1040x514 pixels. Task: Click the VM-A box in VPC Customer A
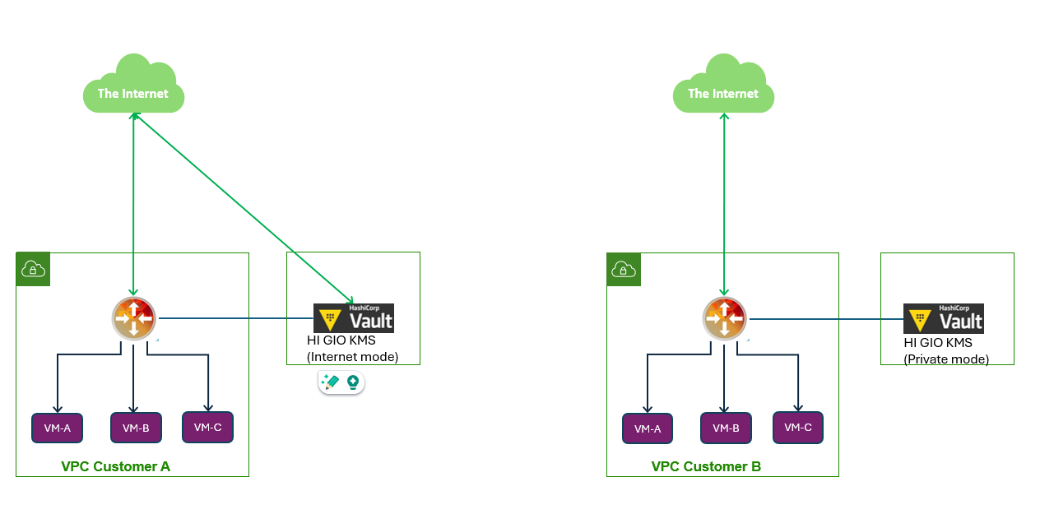tap(57, 428)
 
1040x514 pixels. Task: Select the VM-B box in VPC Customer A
tap(136, 428)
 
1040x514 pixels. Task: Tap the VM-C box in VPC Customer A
tap(207, 427)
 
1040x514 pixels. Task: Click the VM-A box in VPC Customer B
tap(648, 428)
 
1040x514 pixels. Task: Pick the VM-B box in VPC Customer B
tap(726, 428)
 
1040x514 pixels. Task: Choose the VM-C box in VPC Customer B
tap(798, 428)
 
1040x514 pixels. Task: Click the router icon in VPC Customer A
tap(134, 318)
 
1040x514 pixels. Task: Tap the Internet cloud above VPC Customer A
tap(133, 86)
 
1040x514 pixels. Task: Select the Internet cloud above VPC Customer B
tap(723, 86)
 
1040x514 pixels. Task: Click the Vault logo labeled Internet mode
tap(354, 318)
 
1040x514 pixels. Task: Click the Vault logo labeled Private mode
tap(944, 318)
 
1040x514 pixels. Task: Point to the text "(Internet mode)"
tap(352, 357)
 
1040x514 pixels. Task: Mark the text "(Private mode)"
tap(946, 359)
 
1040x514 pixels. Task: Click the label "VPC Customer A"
tap(115, 466)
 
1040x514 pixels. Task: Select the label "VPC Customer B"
tap(706, 466)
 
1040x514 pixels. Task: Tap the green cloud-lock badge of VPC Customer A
tap(33, 269)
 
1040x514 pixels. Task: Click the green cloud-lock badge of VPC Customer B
tap(624, 270)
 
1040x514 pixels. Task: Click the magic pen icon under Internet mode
tap(330, 382)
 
